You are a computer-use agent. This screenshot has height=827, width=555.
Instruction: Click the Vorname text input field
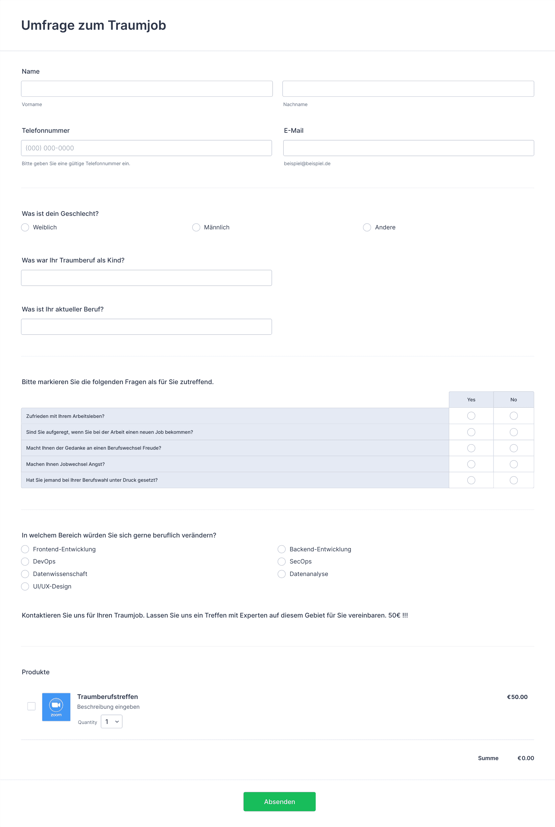click(x=147, y=89)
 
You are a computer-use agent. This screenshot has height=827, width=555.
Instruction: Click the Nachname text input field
click(x=408, y=89)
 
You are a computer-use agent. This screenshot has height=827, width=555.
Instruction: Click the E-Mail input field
click(x=408, y=148)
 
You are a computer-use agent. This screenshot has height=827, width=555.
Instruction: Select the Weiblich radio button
click(x=25, y=227)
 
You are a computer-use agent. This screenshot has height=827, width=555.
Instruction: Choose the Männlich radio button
click(x=196, y=227)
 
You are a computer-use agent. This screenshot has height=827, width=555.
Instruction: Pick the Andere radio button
click(x=367, y=227)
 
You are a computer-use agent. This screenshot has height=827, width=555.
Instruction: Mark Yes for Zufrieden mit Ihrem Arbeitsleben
click(x=471, y=416)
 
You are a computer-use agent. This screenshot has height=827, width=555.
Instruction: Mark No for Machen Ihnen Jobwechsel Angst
click(x=513, y=464)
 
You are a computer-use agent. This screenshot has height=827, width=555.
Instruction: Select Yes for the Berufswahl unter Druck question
click(x=471, y=480)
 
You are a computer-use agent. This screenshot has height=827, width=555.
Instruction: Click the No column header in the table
click(x=513, y=399)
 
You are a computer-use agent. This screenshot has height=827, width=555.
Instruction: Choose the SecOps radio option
click(x=282, y=561)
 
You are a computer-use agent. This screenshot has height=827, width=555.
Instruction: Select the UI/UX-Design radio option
click(x=25, y=586)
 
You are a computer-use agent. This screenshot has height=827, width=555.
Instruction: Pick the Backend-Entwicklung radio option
click(x=282, y=549)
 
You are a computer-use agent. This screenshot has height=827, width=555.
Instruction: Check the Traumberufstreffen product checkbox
click(x=31, y=706)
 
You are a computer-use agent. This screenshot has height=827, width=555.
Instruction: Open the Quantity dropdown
click(x=112, y=722)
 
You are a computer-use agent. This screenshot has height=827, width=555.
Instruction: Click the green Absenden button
click(x=279, y=802)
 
